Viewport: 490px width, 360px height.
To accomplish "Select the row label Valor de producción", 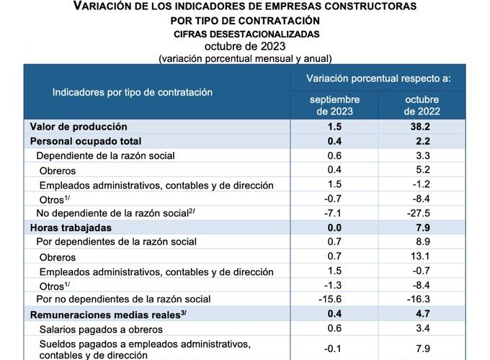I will click(79, 126).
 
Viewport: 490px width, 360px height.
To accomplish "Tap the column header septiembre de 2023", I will click(335, 105).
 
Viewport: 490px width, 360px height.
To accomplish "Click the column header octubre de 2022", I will click(422, 105).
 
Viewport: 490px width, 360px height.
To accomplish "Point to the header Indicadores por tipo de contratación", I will click(132, 92).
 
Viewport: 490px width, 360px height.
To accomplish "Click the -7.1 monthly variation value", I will click(335, 213).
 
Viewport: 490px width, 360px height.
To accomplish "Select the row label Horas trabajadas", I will click(70, 228).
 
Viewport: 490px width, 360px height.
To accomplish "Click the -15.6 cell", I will click(335, 299).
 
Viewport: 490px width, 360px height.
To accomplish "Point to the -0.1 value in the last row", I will click(335, 349).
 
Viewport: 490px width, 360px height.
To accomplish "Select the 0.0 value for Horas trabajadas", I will click(335, 228).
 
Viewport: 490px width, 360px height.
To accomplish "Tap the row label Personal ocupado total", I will click(85, 140).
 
